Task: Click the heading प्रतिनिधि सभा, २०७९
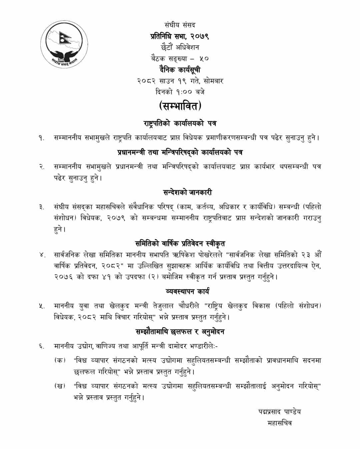coord(180,36)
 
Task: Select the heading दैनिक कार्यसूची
coord(180,70)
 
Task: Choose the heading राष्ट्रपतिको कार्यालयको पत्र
coord(180,124)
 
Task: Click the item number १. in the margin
coord(41,138)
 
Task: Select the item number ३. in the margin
coord(41,208)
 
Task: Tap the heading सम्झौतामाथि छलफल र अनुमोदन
coord(180,332)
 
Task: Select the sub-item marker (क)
coord(60,360)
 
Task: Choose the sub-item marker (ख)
coord(60,386)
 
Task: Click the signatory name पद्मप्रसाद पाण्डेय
coord(279,412)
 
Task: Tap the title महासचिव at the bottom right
coord(279,423)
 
